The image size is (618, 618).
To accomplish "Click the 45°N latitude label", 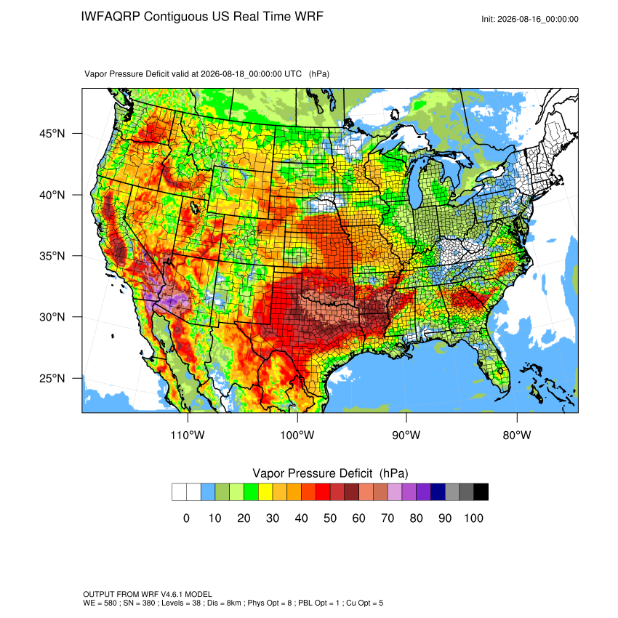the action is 52,134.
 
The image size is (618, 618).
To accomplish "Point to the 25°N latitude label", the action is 52,378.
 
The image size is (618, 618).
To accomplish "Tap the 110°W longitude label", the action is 188,435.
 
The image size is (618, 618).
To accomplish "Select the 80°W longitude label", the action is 517,435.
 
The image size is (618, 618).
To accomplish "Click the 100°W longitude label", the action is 297,435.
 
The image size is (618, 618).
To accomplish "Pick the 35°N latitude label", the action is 52,256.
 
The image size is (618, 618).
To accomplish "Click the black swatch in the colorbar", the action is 481,492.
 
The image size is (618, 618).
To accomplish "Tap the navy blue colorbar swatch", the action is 438,492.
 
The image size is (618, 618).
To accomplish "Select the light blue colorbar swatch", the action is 208,492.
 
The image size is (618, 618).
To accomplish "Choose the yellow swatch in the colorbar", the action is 265,492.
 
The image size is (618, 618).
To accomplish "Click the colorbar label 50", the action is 330,518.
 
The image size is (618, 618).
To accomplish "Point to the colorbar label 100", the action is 473,518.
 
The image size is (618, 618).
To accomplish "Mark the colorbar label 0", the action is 186,518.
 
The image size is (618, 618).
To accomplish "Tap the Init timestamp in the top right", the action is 530,19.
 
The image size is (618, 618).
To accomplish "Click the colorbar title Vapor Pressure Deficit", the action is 312,473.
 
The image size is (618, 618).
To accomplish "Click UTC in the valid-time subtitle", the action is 293,74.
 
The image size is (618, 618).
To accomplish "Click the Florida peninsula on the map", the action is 494,366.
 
